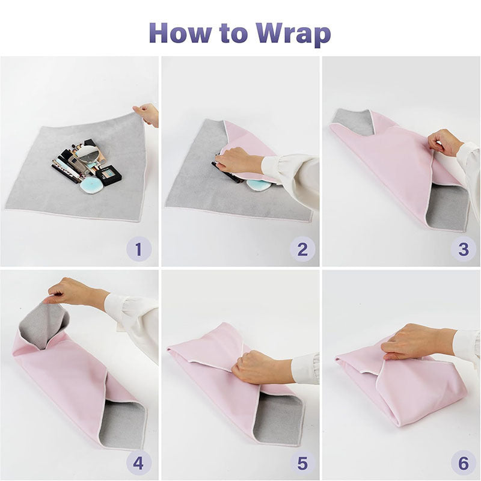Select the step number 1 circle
pyautogui.click(x=138, y=248)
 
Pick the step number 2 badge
pyautogui.click(x=302, y=248)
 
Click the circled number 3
pyautogui.click(x=463, y=248)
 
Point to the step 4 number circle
pyautogui.click(x=138, y=463)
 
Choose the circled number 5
pyautogui.click(x=302, y=463)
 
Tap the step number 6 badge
pyautogui.click(x=463, y=463)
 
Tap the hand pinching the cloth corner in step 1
pyautogui.click(x=147, y=114)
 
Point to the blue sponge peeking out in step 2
pyautogui.click(x=259, y=185)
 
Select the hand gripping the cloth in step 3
pyautogui.click(x=445, y=142)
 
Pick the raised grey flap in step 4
pyautogui.click(x=43, y=325)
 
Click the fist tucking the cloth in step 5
pyautogui.click(x=253, y=367)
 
